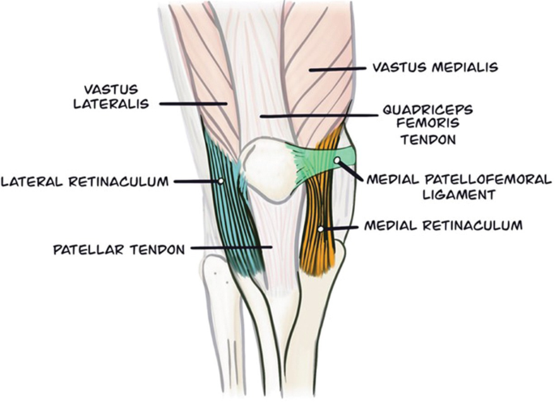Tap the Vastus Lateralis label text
(x=116, y=95)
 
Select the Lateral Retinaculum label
(x=84, y=182)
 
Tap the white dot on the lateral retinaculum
(x=220, y=182)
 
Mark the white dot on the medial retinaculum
(x=322, y=229)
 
